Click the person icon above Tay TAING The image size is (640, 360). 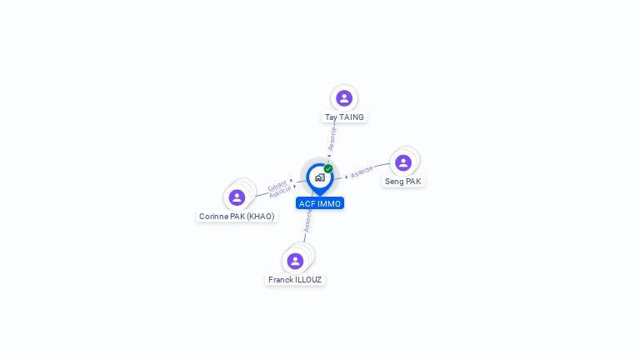[x=344, y=98]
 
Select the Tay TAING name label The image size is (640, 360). [x=344, y=117]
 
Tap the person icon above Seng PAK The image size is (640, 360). [x=403, y=162]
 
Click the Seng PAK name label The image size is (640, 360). [x=403, y=181]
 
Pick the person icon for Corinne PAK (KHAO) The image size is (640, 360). [x=237, y=197]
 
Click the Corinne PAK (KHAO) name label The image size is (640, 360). [x=237, y=216]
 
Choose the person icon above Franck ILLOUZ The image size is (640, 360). [x=295, y=261]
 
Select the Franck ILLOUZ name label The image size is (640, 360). [x=295, y=280]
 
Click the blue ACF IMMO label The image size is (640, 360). [x=320, y=203]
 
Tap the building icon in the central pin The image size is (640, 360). [x=319, y=177]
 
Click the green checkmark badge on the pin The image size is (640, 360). [x=328, y=168]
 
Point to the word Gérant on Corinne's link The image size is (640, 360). [x=277, y=185]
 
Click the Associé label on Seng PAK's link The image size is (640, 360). [x=362, y=172]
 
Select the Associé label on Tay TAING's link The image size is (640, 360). [x=332, y=138]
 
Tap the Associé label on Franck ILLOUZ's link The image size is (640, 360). [x=307, y=220]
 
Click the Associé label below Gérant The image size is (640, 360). [x=280, y=192]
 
